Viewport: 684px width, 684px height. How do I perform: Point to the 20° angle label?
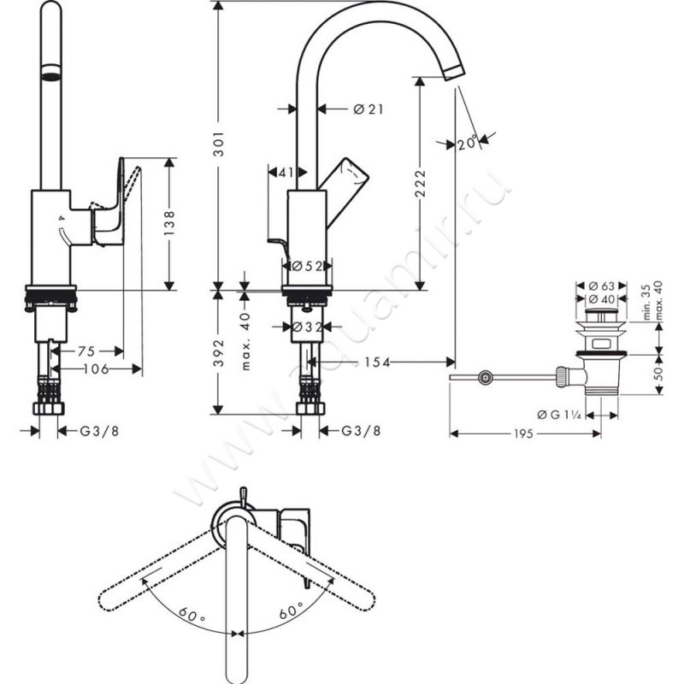pyautogui.click(x=467, y=144)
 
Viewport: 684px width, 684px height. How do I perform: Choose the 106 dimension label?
pyautogui.click(x=96, y=369)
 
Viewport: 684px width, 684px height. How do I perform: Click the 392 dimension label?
pyautogui.click(x=218, y=352)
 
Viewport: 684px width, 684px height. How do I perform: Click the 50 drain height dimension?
pyautogui.click(x=659, y=374)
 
